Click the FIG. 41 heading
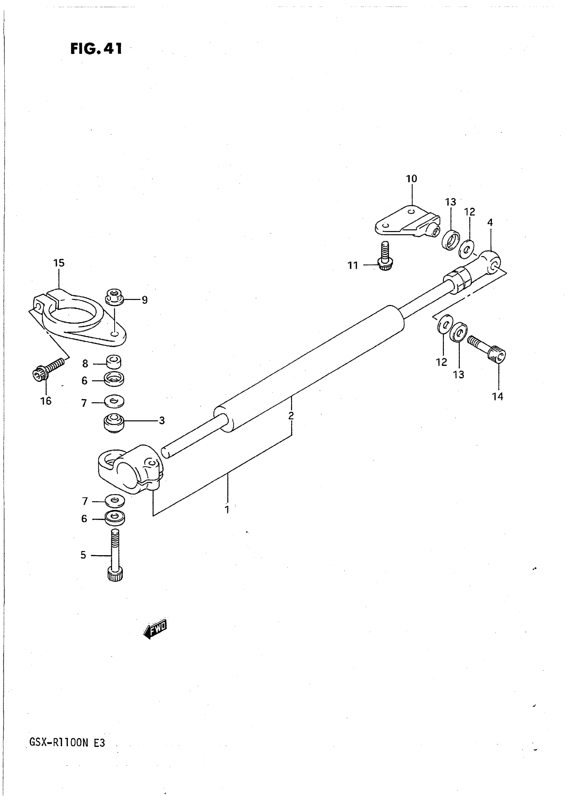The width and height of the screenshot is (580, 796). pyautogui.click(x=96, y=48)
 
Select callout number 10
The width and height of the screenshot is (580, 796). pyautogui.click(x=411, y=179)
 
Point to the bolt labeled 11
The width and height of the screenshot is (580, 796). pyautogui.click(x=385, y=257)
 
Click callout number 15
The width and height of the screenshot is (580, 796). pyautogui.click(x=59, y=263)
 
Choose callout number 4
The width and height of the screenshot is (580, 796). pyautogui.click(x=490, y=222)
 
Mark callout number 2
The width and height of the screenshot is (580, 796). pyautogui.click(x=291, y=416)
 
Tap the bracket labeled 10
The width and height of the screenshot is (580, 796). pyautogui.click(x=407, y=221)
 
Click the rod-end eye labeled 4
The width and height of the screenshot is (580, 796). pyautogui.click(x=492, y=262)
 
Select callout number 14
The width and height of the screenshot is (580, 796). pyautogui.click(x=498, y=396)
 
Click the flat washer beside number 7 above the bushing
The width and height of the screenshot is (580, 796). pyautogui.click(x=114, y=401)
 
